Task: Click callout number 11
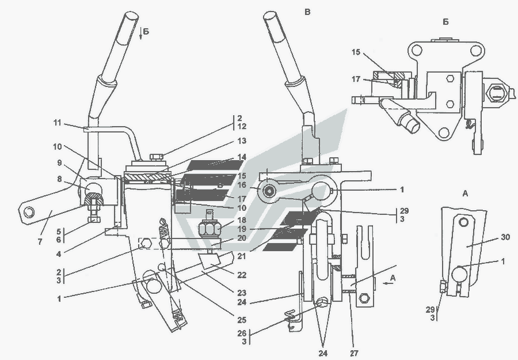pyautogui.click(x=58, y=123)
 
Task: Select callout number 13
pyautogui.click(x=242, y=141)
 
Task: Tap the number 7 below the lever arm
pyautogui.click(x=40, y=242)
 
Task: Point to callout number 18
pyautogui.click(x=242, y=220)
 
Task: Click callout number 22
pyautogui.click(x=242, y=275)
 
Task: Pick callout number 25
pyautogui.click(x=242, y=320)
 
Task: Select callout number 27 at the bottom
pyautogui.click(x=354, y=354)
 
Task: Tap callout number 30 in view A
pyautogui.click(x=506, y=237)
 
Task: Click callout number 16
pyautogui.click(x=242, y=185)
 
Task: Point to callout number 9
pyautogui.click(x=59, y=162)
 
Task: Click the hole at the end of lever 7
pyautogui.click(x=29, y=211)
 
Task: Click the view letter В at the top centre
pyautogui.click(x=307, y=12)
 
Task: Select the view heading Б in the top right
pyautogui.click(x=445, y=22)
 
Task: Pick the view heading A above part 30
pyautogui.click(x=465, y=194)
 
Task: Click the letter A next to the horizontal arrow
pyautogui.click(x=393, y=278)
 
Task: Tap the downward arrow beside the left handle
pyautogui.click(x=141, y=33)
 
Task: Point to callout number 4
pyautogui.click(x=59, y=254)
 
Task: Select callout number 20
pyautogui.click(x=242, y=238)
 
